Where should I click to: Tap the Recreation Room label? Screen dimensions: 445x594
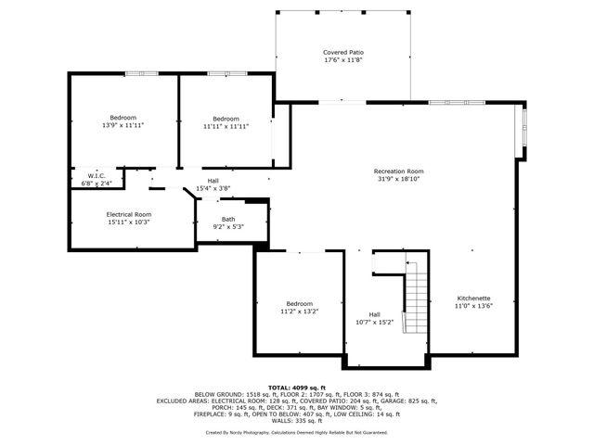point(399,172)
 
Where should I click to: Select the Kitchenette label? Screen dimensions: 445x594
point(472,298)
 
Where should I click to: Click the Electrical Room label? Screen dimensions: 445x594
point(128,214)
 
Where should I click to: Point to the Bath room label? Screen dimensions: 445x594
point(227,219)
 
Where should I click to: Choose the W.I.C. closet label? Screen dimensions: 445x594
point(96,176)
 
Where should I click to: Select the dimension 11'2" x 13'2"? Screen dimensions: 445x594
point(300,311)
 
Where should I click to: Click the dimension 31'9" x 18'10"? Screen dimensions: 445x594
point(399,179)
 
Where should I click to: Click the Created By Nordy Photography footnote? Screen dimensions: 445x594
point(297,432)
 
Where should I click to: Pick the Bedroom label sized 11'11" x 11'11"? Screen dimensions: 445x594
point(226,119)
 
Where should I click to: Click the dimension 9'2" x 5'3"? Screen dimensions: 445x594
point(227,226)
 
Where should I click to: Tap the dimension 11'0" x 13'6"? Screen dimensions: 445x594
point(472,305)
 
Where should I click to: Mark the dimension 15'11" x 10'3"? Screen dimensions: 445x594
point(128,222)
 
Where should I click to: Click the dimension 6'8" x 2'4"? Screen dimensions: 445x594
point(96,184)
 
